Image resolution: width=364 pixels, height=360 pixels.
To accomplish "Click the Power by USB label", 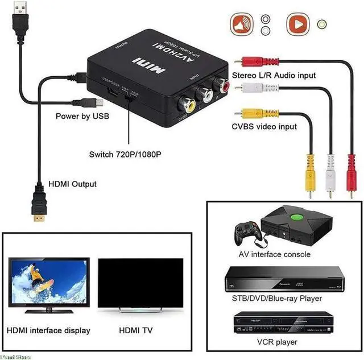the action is pyautogui.click(x=82, y=116).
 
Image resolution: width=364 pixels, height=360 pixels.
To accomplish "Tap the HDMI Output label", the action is pyautogui.click(x=72, y=184).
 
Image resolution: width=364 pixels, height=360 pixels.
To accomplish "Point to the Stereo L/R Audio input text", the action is pyautogui.click(x=274, y=75).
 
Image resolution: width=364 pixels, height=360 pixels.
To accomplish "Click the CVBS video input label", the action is pyautogui.click(x=264, y=126).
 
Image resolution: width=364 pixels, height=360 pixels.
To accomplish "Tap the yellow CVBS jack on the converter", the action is pyautogui.click(x=186, y=104).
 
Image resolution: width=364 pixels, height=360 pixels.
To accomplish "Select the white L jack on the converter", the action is pyautogui.click(x=204, y=94).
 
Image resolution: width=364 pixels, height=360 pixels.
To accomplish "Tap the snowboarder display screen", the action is pyautogui.click(x=48, y=281).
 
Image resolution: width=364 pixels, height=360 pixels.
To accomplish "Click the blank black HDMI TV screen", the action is pyautogui.click(x=140, y=283).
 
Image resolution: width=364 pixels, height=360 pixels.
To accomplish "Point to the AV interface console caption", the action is pyautogui.click(x=274, y=254).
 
